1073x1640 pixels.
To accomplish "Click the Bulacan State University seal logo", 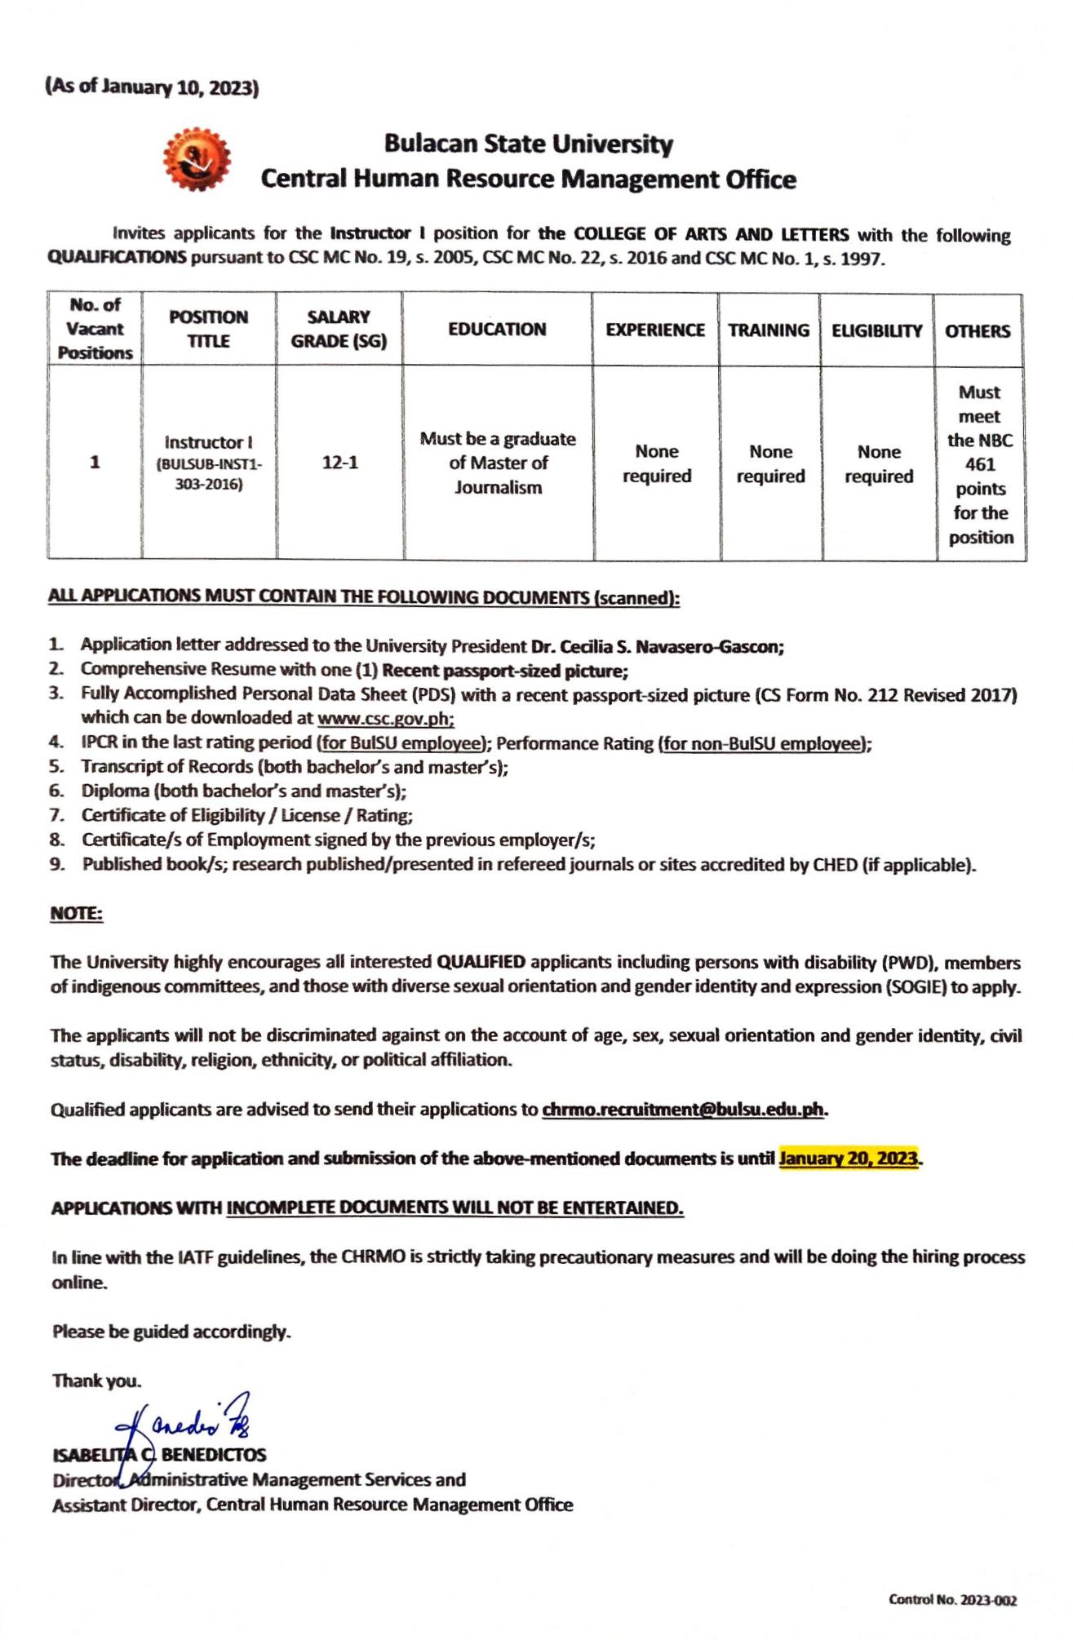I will (197, 158).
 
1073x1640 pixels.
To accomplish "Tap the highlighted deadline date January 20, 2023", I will (849, 1158).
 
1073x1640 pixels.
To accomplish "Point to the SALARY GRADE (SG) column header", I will (339, 329).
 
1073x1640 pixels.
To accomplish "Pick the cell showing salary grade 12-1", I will (339, 463).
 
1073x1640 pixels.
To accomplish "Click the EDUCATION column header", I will (497, 330).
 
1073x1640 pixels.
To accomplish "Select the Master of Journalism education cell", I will (498, 463).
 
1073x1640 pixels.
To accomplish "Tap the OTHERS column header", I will (978, 331).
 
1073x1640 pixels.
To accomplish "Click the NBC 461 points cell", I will (980, 464).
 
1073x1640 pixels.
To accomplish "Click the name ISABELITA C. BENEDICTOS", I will (159, 1455).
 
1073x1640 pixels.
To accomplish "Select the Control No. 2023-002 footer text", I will (953, 1600).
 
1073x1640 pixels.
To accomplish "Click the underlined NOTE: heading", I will (77, 913).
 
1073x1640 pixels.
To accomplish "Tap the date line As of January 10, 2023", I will (153, 87).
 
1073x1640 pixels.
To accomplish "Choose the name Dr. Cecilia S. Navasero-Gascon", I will (657, 646).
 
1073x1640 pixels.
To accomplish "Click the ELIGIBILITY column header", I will (877, 330).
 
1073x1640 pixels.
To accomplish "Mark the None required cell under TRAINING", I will (770, 463).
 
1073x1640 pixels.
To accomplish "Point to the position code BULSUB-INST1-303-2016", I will (209, 474).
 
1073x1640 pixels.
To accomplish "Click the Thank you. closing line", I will (97, 1381).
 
